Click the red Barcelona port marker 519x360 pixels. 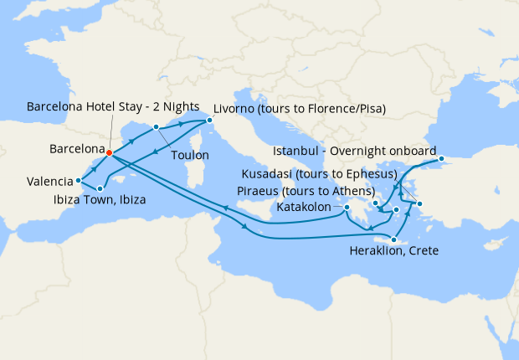coord(109,152)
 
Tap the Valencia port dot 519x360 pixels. coord(78,180)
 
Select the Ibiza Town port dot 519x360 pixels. coord(100,188)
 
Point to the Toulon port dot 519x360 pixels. coord(156,127)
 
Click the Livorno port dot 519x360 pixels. coord(210,121)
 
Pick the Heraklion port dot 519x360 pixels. coord(393,239)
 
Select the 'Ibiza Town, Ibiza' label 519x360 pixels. coord(95,201)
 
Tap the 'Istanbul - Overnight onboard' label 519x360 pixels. coord(357,152)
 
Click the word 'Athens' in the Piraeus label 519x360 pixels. coord(351,191)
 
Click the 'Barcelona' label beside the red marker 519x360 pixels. coord(76,150)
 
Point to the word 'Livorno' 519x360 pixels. coord(235,108)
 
